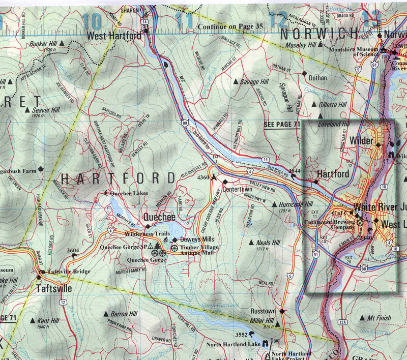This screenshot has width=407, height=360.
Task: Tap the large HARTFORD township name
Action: click(x=118, y=178)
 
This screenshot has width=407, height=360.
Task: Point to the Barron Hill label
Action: click(x=125, y=314)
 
